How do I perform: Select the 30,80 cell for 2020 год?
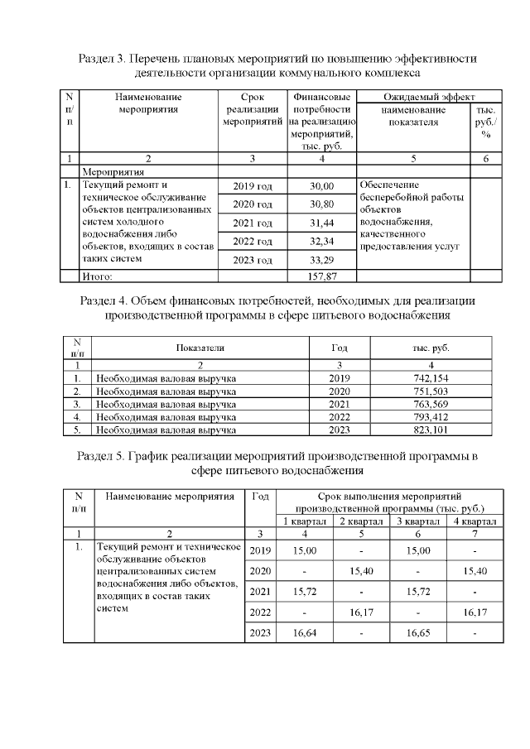[320, 204]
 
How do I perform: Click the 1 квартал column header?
[305, 521]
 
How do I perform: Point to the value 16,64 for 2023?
[305, 634]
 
